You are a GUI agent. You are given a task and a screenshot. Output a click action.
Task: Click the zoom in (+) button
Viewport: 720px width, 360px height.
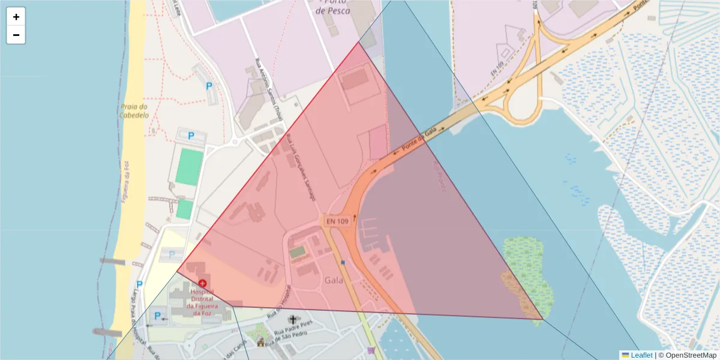tap(16, 17)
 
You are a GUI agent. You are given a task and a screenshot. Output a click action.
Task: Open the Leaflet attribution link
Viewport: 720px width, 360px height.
tap(641, 355)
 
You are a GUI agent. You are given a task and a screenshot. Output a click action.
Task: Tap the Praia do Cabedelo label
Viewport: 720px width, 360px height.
tap(133, 111)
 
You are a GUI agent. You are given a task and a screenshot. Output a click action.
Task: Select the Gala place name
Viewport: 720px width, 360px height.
tap(334, 280)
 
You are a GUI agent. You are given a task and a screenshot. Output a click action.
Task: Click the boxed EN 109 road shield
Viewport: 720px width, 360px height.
tap(337, 221)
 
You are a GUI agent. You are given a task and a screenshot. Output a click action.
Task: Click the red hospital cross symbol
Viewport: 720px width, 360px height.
tap(202, 283)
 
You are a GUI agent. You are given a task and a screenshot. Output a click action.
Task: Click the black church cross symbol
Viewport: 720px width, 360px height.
tap(293, 319)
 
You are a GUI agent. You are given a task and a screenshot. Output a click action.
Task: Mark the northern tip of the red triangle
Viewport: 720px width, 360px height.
tap(359, 42)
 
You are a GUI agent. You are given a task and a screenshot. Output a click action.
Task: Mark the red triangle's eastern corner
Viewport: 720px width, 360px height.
tap(542, 319)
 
